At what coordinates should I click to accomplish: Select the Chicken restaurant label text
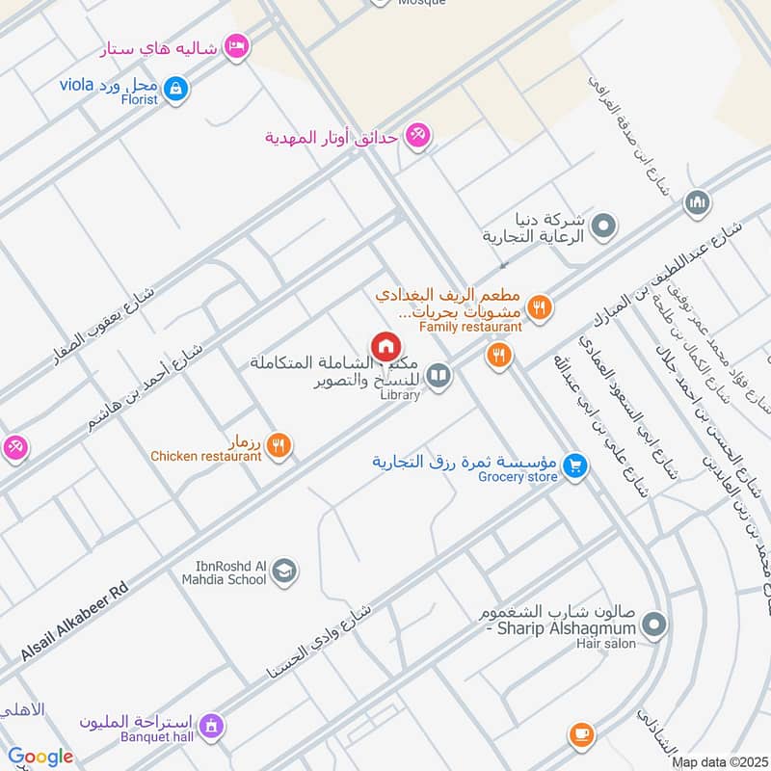click(205, 456)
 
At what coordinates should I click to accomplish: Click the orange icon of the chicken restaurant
click(279, 444)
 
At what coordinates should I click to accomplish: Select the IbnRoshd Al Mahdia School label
click(225, 572)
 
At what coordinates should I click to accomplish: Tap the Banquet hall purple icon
click(212, 724)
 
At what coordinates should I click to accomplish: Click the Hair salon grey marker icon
click(654, 626)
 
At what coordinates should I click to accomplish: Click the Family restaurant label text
click(470, 327)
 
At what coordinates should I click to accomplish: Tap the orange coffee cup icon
click(580, 735)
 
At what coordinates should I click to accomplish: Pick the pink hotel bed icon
click(235, 45)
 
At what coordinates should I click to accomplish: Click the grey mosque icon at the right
click(697, 203)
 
